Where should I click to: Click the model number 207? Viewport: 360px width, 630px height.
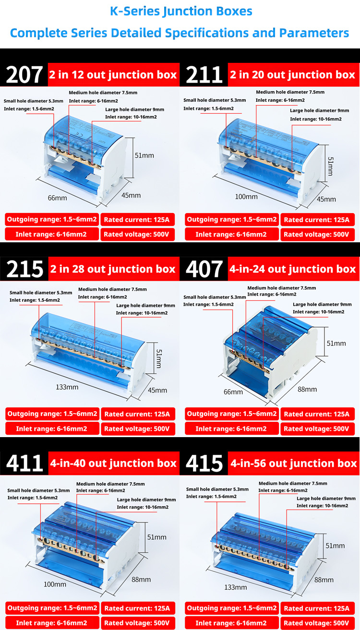(x=25, y=74)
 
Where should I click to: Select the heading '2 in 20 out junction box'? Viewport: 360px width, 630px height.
(x=293, y=75)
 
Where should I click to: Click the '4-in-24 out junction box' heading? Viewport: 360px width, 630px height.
(x=293, y=269)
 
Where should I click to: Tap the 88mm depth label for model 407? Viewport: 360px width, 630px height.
(x=307, y=389)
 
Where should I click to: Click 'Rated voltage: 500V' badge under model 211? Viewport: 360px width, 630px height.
(x=317, y=235)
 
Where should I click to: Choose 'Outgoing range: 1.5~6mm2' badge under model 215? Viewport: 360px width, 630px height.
(x=52, y=414)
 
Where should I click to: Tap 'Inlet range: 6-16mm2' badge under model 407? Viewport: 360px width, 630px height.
(x=231, y=428)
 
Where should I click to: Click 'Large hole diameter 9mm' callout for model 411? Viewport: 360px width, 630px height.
(x=146, y=499)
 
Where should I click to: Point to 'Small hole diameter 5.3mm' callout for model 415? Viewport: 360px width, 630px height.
(x=217, y=489)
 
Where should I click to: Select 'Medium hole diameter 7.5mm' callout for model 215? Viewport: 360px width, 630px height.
(x=112, y=289)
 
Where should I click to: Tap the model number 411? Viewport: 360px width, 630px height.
(x=25, y=463)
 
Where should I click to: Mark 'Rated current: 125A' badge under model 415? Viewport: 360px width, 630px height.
(x=317, y=608)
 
